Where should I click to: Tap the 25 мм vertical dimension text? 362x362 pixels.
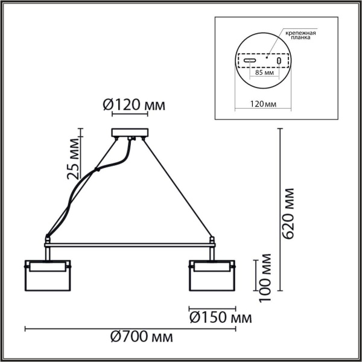[x=73, y=159]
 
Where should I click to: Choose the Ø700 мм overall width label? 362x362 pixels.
[x=140, y=336]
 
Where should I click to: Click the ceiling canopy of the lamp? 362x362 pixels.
[x=129, y=133]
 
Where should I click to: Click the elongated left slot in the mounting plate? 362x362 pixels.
[x=251, y=62]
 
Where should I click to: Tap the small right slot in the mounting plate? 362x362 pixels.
[x=278, y=62]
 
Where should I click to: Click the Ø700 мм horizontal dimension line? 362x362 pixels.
[x=129, y=329]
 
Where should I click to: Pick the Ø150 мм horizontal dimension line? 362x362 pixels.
[x=212, y=306]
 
